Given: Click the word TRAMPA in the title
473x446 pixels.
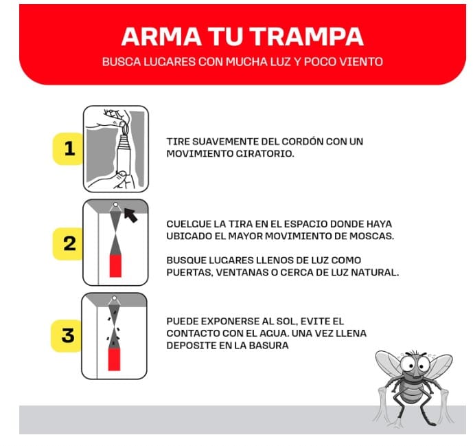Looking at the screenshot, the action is (306, 36).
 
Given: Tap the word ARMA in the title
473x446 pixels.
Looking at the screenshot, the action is (161, 36).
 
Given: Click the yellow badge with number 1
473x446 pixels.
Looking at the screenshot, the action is (69, 148).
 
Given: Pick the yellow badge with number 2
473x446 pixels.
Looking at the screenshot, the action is (68, 244).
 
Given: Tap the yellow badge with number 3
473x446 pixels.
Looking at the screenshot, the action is (67, 335).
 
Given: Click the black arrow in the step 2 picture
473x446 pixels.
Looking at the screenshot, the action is (130, 214).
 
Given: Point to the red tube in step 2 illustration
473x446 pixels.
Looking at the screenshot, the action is (115, 266).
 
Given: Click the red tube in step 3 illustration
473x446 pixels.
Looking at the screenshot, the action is (114, 359).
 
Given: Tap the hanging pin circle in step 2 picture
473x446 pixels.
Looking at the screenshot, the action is (115, 205).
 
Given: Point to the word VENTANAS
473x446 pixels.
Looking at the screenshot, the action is (242, 272).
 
